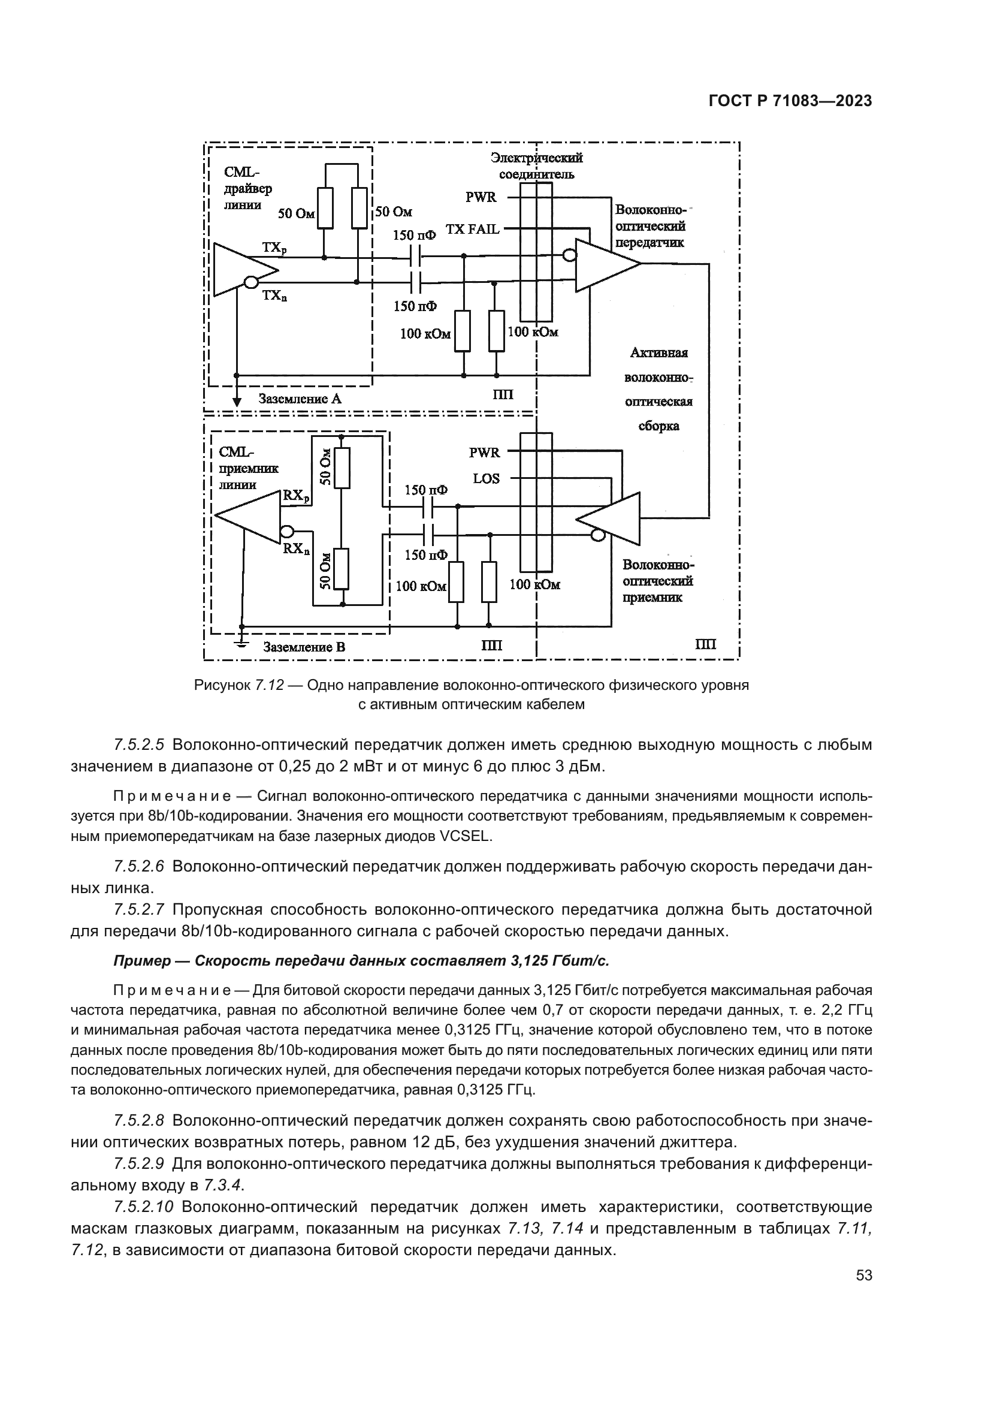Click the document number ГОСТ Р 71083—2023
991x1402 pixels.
[790, 101]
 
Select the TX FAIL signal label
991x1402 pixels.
[472, 229]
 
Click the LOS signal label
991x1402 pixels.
[487, 479]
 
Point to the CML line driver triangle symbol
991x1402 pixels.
[240, 269]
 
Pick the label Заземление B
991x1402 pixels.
[304, 647]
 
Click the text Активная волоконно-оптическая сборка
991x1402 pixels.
[658, 389]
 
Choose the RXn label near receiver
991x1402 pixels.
[296, 549]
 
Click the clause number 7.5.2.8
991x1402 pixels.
[139, 1120]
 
